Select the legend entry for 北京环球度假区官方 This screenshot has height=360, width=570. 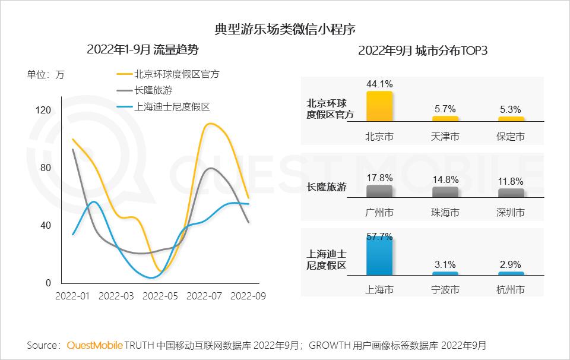click(177, 74)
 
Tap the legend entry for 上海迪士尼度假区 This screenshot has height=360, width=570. click(172, 107)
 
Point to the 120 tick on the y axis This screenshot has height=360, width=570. click(44, 110)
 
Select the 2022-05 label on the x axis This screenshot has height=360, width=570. click(160, 295)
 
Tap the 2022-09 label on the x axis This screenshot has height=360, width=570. click(248, 295)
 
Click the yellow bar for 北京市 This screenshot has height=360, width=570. click(379, 106)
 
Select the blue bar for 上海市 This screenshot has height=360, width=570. click(379, 256)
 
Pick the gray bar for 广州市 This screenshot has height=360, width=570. click(379, 191)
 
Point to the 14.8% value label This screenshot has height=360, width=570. click(445, 179)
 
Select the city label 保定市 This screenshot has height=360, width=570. click(511, 137)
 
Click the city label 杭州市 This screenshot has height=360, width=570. click(511, 290)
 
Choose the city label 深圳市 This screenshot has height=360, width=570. click(511, 212)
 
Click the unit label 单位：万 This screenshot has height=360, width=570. click(46, 75)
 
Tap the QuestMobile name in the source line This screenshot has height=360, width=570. click(95, 345)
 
